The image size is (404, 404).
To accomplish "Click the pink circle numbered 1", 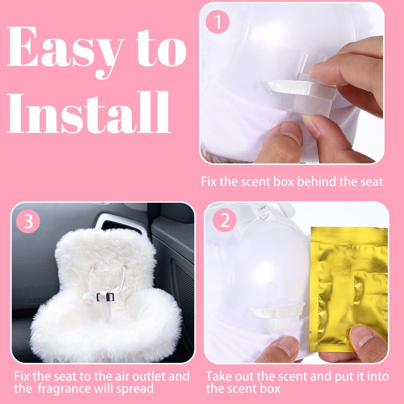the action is (x=217, y=22).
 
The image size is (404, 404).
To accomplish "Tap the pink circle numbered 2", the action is (x=225, y=220).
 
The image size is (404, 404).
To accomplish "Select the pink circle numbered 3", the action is (x=28, y=221).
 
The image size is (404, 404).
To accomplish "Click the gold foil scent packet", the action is (x=349, y=289).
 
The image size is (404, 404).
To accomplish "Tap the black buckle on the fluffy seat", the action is (x=105, y=297).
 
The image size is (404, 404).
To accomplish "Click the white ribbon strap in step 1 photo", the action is (x=302, y=89).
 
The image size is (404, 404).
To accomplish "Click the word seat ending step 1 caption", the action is (x=371, y=182).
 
